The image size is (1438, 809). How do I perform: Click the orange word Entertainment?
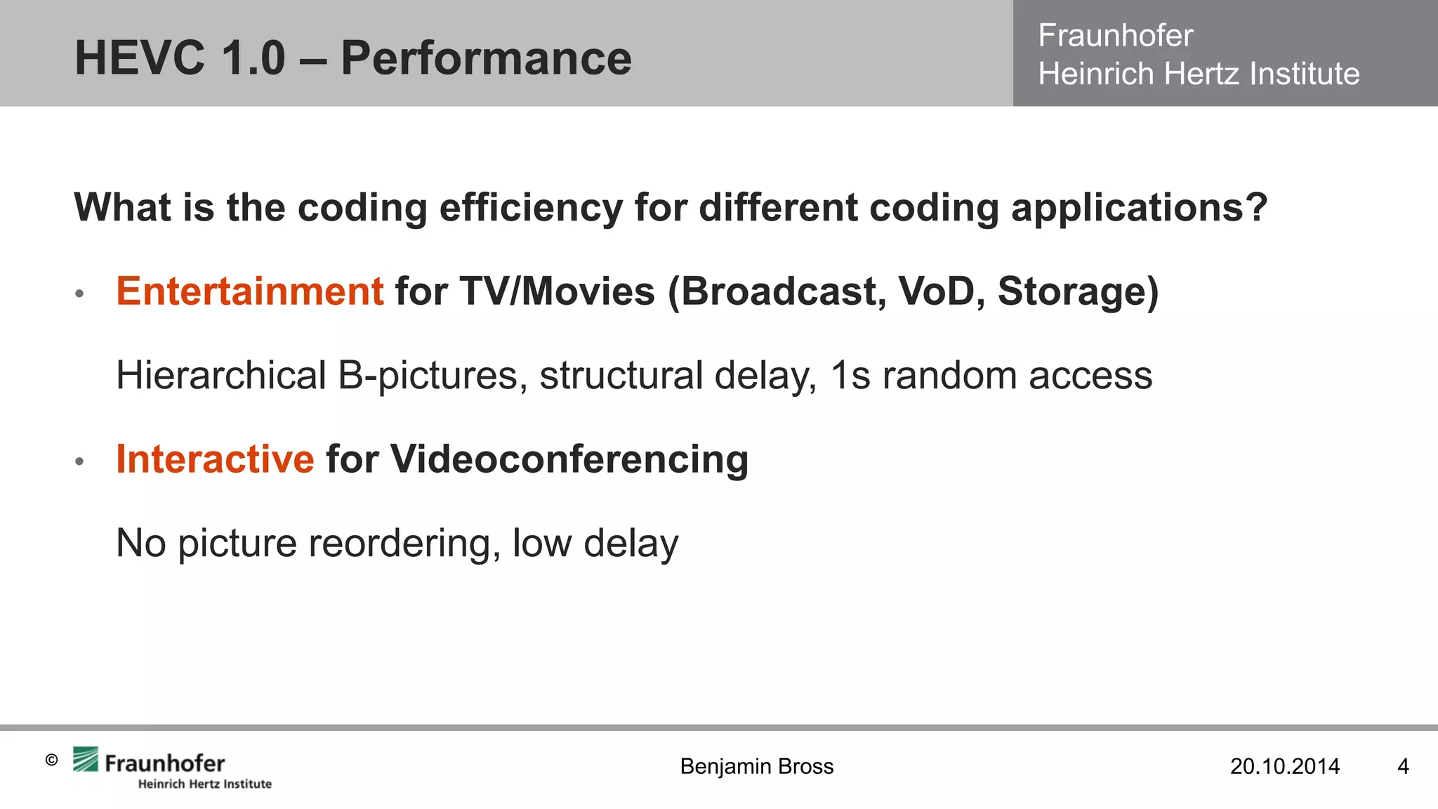tap(249, 291)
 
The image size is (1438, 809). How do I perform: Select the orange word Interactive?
tap(215, 459)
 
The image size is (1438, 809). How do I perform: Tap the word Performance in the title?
tap(486, 58)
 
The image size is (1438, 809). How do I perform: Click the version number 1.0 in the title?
tap(253, 58)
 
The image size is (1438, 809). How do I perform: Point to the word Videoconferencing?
tap(569, 459)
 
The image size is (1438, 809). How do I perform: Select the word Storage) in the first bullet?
tap(1078, 291)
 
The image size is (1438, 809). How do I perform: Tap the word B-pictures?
tap(433, 376)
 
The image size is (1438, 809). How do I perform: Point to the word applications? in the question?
tap(1139, 208)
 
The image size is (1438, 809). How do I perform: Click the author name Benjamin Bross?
tap(756, 766)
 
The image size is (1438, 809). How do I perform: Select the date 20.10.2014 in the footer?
tap(1284, 766)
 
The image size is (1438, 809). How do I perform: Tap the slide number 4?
tap(1403, 766)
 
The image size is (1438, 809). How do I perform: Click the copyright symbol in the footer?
tap(51, 760)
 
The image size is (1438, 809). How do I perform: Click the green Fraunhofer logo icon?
tap(86, 760)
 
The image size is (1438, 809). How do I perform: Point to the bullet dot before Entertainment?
tap(79, 294)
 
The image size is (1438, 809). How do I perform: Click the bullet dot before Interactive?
tap(79, 462)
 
